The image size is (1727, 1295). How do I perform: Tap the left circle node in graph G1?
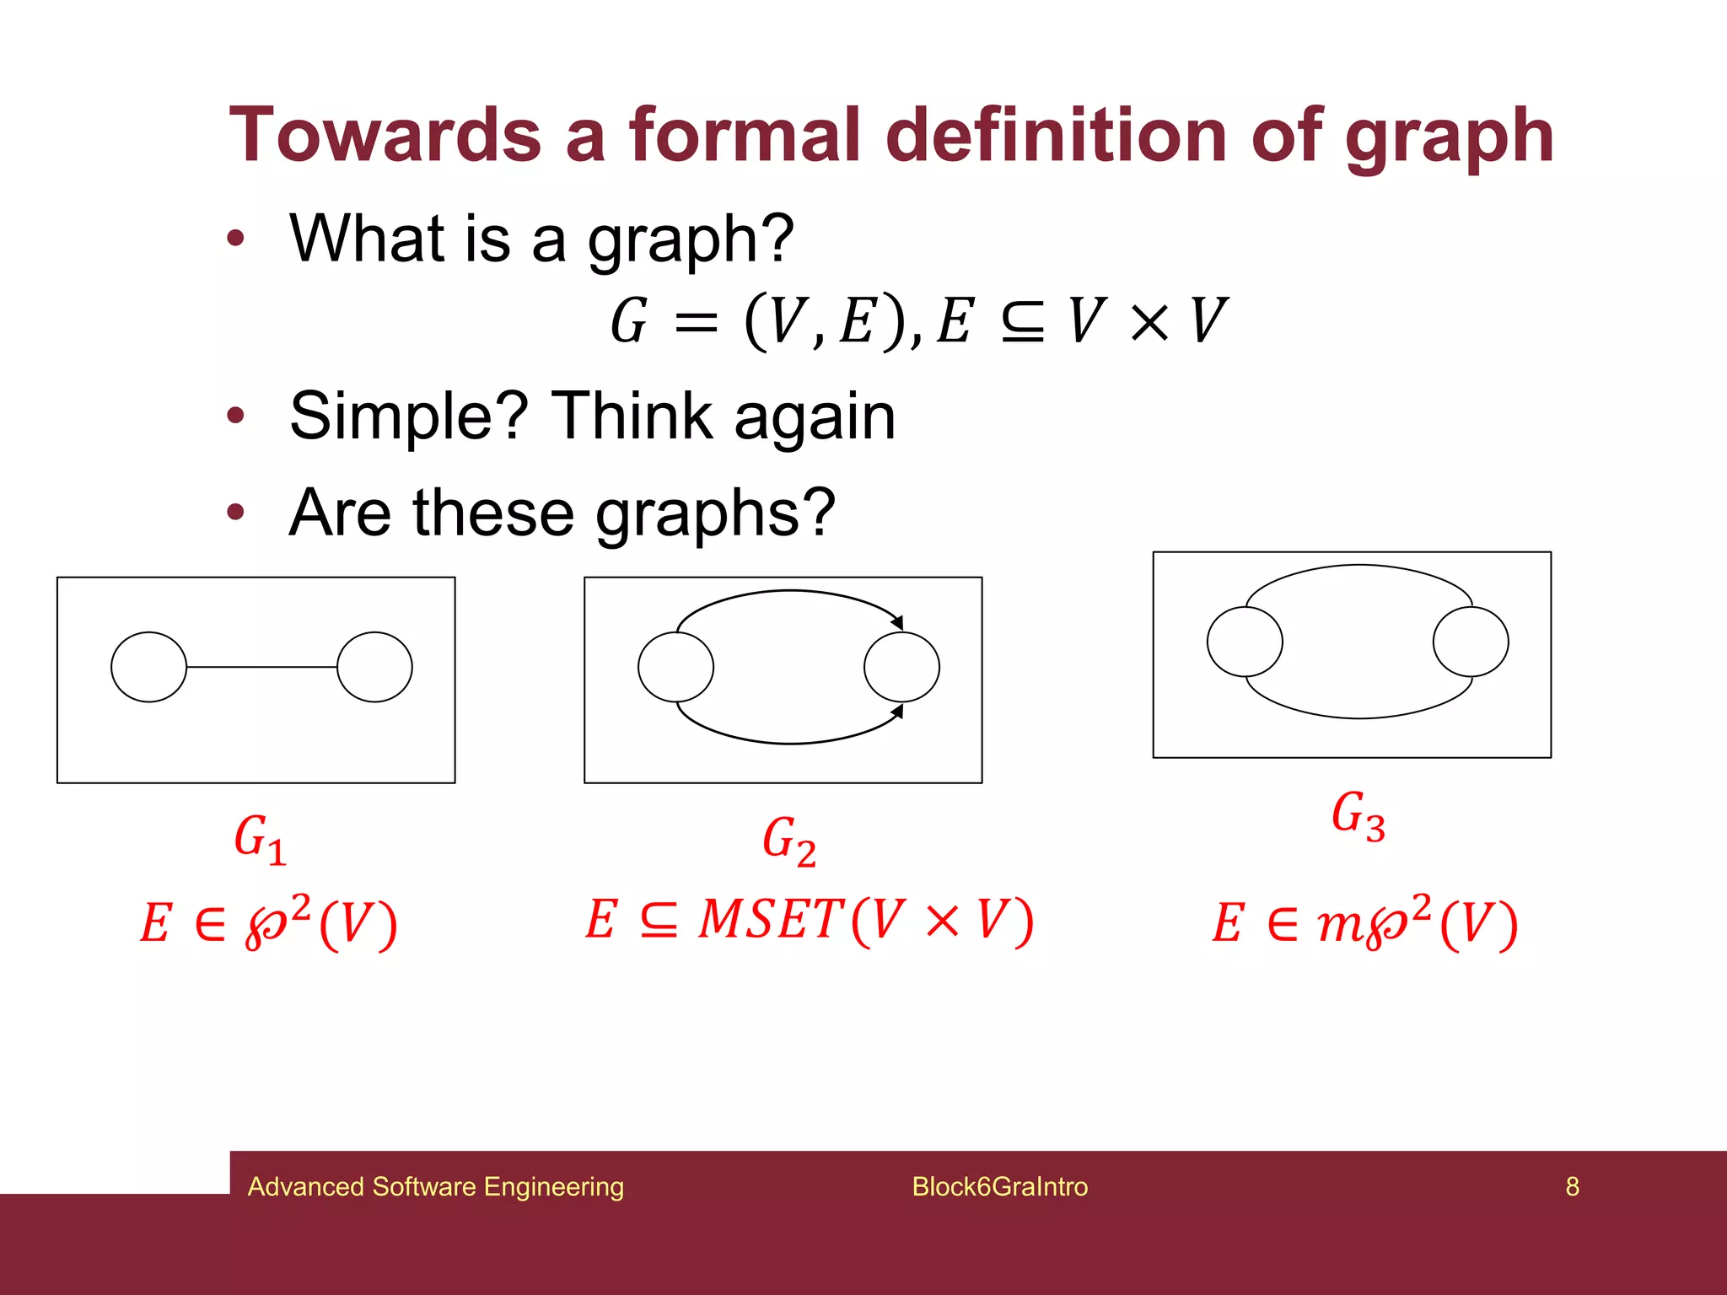pos(148,667)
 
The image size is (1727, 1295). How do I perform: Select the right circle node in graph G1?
pos(374,667)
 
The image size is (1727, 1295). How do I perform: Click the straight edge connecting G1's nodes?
pos(261,667)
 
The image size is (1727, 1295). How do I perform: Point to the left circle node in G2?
pos(675,667)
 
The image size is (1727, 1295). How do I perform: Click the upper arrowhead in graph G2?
pos(898,622)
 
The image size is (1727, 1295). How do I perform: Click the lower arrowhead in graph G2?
pos(898,712)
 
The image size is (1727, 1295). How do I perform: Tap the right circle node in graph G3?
pos(1471,642)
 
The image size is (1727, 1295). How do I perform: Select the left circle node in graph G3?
pos(1245,642)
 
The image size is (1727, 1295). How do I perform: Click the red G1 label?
pos(260,840)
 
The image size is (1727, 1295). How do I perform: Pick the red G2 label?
pos(788,841)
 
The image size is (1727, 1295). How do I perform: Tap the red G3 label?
pos(1358,816)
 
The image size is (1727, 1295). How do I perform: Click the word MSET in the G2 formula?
pos(771,920)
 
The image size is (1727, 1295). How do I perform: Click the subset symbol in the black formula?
pos(1022,322)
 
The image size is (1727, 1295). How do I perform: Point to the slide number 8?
pos(1572,1186)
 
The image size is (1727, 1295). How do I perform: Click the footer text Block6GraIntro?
pos(999,1186)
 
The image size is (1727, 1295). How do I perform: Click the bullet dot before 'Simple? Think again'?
pos(235,415)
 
